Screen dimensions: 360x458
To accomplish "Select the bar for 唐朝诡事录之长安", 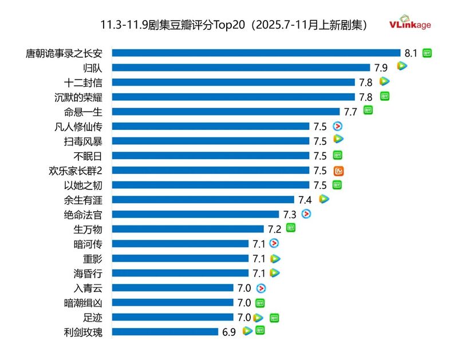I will (x=256, y=53).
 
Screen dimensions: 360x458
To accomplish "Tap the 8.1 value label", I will (x=411, y=53).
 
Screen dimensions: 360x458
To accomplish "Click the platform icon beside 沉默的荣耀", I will (x=385, y=96).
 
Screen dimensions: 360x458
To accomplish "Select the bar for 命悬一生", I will (x=226, y=111).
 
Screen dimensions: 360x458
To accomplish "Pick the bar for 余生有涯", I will (x=203, y=200).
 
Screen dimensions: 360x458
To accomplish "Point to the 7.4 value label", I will (x=305, y=200).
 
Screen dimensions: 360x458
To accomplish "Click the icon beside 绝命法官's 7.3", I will (x=306, y=214).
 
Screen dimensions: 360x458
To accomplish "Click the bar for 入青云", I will (x=172, y=288).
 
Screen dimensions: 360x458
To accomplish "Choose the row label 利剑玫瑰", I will (x=84, y=332).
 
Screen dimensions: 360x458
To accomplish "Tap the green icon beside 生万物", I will (x=291, y=228).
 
